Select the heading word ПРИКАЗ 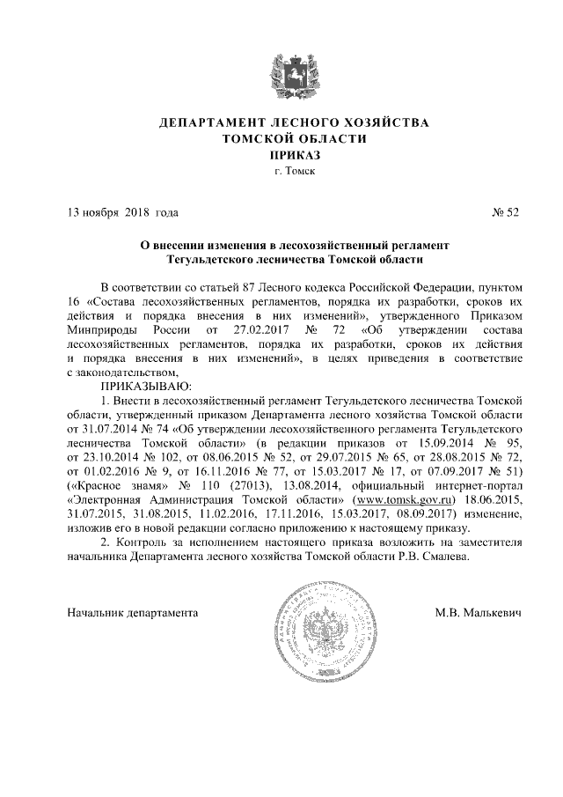tap(281, 155)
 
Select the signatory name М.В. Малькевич tap(478, 611)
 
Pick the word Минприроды tap(105, 329)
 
